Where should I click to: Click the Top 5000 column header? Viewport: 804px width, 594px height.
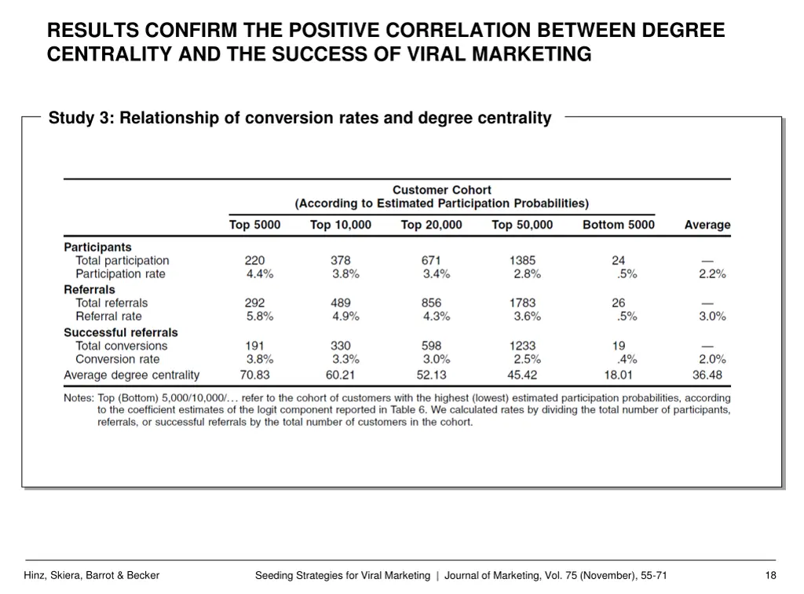point(254,225)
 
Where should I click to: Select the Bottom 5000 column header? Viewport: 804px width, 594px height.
point(618,225)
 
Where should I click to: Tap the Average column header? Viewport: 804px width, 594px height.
point(707,225)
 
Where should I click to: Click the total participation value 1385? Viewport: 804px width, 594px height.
point(522,260)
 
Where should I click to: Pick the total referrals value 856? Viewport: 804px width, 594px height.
point(431,302)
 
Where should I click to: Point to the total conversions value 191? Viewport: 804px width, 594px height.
point(254,346)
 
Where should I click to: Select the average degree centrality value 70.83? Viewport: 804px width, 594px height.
point(255,375)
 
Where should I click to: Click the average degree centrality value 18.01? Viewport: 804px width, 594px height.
point(618,375)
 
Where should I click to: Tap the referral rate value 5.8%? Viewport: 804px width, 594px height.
point(259,317)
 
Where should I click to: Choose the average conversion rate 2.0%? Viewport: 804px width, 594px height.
point(712,360)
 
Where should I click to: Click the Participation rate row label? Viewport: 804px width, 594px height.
point(120,274)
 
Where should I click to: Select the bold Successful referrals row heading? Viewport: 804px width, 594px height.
point(120,332)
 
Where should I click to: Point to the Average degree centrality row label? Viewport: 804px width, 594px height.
point(131,375)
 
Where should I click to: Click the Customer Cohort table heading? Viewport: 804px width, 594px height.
point(441,190)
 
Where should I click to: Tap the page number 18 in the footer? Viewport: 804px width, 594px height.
point(769,576)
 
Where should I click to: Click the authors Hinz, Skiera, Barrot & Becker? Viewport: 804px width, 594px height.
point(92,576)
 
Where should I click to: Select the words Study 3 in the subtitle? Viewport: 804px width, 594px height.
point(81,119)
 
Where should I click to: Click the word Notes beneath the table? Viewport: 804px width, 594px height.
point(79,398)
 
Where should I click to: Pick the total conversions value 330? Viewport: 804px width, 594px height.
point(341,346)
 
